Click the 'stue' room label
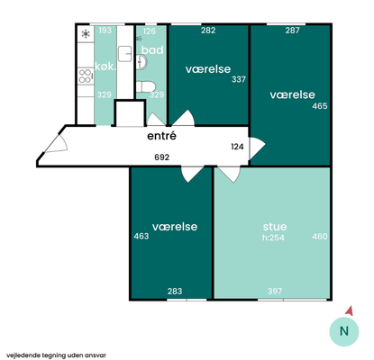tap(275, 227)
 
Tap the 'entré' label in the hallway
tap(161, 136)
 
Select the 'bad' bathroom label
tap(152, 49)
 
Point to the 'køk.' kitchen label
tap(105, 67)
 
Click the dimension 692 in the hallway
tap(162, 157)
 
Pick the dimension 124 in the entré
tap(237, 147)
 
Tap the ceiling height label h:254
tap(273, 238)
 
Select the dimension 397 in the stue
tap(275, 291)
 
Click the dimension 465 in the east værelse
tap(320, 106)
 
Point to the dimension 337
tap(239, 79)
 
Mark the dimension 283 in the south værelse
tap(175, 291)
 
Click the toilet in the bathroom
tap(145, 86)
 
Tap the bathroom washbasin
tap(141, 62)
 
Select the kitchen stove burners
tap(85, 76)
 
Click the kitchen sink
tap(124, 54)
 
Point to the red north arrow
tap(350, 311)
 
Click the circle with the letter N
tap(344, 331)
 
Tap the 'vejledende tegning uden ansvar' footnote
tap(56, 355)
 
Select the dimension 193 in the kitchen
tap(105, 31)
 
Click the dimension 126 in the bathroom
tap(150, 31)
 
